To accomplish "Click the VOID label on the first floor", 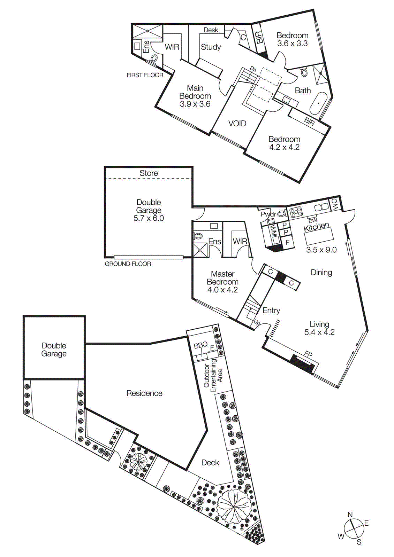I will (x=237, y=124).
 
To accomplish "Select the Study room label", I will (x=211, y=47).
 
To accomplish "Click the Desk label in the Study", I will (x=211, y=30).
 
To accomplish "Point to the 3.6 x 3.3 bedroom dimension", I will (x=292, y=44).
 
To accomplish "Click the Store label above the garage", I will (x=149, y=173).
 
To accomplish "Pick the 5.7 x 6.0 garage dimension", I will (x=149, y=218).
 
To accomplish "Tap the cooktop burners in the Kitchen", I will (x=296, y=212).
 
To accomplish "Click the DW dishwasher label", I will (x=313, y=220).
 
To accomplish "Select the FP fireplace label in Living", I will (x=308, y=354).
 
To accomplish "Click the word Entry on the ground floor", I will (x=271, y=311).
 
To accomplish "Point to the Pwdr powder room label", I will (x=268, y=214).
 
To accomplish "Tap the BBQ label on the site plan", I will (x=200, y=345).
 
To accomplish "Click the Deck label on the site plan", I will (x=210, y=463).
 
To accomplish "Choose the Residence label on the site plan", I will (x=144, y=393).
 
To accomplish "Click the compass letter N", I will (x=350, y=515).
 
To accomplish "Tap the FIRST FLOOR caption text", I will (x=145, y=75).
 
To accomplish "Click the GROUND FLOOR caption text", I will (x=128, y=264).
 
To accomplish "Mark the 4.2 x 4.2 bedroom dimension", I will (x=284, y=147).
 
